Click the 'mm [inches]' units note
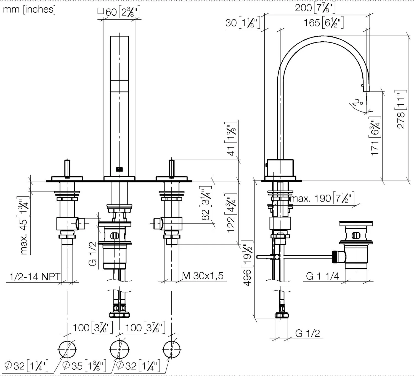tap(29, 9)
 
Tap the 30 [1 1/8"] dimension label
tap(243, 23)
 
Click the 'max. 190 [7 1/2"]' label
tap(322, 198)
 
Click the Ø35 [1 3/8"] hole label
tap(84, 366)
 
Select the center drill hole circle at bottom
tap(120, 350)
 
